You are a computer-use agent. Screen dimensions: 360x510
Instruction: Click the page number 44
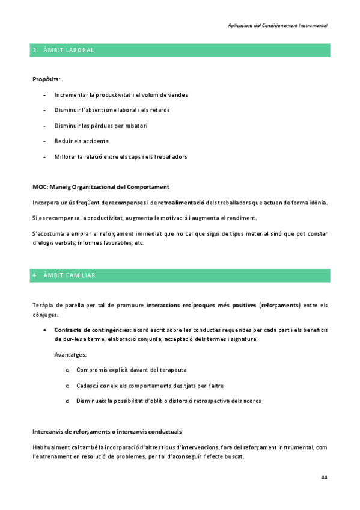(x=325, y=476)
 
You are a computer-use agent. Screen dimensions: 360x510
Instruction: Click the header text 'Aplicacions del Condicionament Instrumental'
(x=278, y=26)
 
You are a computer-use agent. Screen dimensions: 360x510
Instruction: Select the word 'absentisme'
(x=99, y=110)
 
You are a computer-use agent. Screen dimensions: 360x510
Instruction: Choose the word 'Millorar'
(x=65, y=156)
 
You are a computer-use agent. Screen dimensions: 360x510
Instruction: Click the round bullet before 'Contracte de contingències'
(x=46, y=330)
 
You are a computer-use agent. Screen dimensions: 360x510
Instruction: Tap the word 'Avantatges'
(x=70, y=354)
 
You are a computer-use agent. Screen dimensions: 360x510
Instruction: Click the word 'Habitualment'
(x=52, y=447)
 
